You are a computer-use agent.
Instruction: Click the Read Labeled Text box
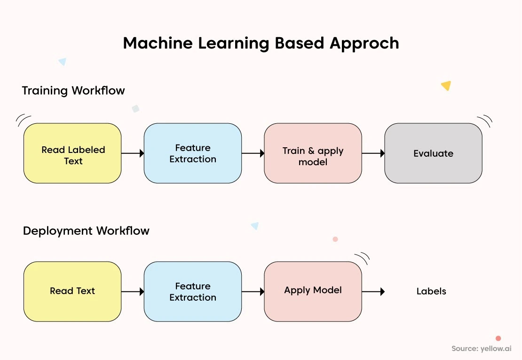click(x=72, y=153)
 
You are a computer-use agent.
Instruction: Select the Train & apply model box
click(x=313, y=153)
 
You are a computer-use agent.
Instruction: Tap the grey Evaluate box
click(x=433, y=153)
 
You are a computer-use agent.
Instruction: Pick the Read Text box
click(x=72, y=291)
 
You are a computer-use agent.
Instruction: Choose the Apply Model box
click(x=313, y=291)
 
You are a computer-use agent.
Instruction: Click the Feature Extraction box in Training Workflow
click(x=193, y=153)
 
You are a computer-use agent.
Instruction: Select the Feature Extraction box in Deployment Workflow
click(x=193, y=291)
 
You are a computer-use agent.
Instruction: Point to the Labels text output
click(x=431, y=291)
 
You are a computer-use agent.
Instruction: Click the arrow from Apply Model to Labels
click(x=373, y=292)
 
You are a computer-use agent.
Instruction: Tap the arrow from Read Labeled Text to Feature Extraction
click(x=133, y=153)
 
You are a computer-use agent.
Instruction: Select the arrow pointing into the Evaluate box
click(x=373, y=153)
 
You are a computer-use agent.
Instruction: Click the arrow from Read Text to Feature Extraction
click(x=133, y=292)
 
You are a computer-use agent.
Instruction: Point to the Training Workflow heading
click(x=73, y=90)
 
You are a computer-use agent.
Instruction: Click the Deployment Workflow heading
click(x=86, y=231)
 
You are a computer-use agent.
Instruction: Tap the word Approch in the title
click(x=364, y=44)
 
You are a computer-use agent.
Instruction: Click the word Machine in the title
click(x=158, y=43)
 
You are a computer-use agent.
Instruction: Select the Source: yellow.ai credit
click(x=482, y=349)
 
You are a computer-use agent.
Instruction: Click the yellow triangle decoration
click(x=446, y=85)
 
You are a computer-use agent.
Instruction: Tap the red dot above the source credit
click(x=498, y=338)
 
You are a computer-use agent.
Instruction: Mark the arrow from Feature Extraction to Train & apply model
click(x=253, y=153)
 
